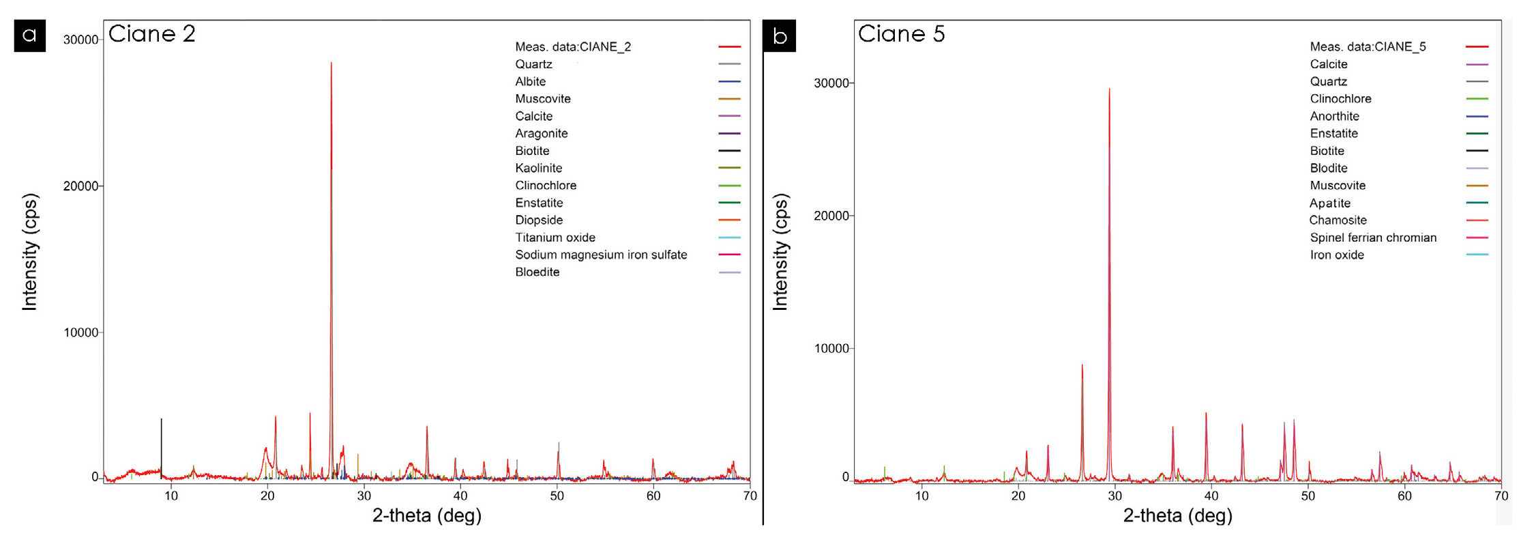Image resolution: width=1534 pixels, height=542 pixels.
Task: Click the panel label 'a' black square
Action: [29, 35]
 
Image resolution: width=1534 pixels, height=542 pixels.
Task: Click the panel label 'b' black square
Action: [780, 35]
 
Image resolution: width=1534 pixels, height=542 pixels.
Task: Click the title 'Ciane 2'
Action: [152, 33]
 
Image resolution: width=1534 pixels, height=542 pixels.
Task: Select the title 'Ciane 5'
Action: [901, 33]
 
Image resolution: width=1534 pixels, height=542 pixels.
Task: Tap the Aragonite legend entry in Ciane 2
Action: [542, 133]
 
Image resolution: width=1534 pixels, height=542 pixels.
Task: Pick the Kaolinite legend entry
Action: [539, 168]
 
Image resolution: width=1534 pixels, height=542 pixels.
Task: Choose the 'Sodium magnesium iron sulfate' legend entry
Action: [601, 255]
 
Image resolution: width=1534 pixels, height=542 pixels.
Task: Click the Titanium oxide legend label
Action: [555, 238]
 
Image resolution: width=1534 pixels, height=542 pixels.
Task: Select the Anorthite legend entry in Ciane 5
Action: [1334, 116]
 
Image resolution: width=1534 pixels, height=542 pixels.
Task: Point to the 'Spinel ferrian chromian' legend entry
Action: [1373, 238]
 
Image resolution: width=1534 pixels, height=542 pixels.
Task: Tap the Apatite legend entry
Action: [1330, 203]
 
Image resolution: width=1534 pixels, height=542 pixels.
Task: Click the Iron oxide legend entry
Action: [1337, 255]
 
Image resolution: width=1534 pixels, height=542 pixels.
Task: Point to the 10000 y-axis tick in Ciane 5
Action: [831, 348]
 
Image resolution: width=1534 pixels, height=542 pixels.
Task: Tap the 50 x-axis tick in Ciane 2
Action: [557, 496]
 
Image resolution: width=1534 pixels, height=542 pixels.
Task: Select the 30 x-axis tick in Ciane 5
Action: [1115, 496]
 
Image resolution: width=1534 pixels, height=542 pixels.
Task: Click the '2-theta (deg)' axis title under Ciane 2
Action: [427, 515]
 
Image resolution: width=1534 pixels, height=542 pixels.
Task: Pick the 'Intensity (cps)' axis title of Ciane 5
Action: [780, 252]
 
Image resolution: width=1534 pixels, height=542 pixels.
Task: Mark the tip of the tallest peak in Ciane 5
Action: [1109, 89]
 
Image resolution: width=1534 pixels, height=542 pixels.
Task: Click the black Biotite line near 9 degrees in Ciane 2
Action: [161, 444]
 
